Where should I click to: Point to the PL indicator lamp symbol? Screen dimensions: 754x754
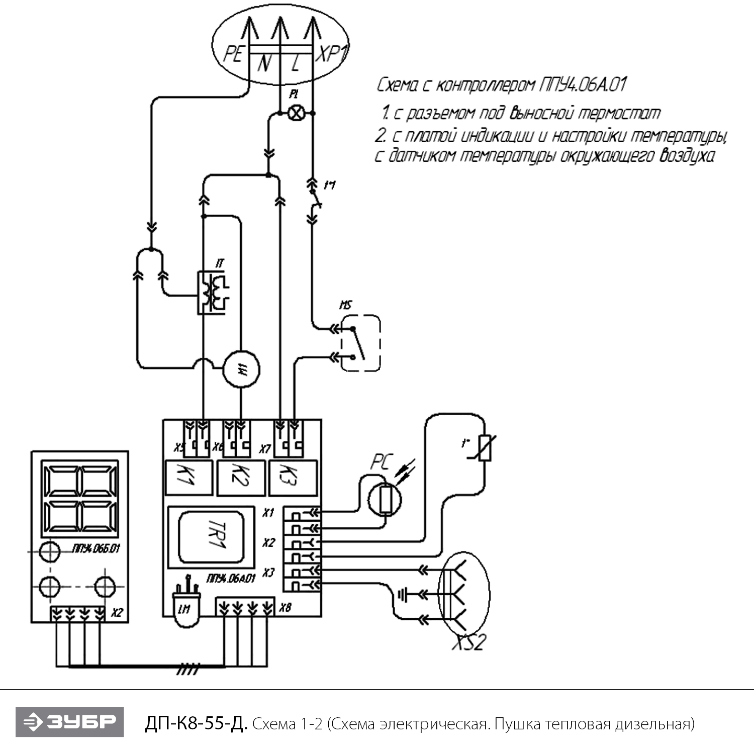pos(296,114)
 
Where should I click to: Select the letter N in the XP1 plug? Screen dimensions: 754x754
pos(264,63)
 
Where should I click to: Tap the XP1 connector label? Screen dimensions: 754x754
pos(331,53)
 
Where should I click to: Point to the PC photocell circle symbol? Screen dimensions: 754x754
pos(385,499)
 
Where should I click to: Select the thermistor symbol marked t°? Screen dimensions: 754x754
pos(485,448)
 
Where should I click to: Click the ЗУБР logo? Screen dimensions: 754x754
pos(69,722)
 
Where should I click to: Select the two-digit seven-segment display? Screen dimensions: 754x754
pos(80,501)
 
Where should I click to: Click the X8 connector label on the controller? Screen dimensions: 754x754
pos(285,608)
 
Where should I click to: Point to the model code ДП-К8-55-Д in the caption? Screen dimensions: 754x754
pos(196,724)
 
